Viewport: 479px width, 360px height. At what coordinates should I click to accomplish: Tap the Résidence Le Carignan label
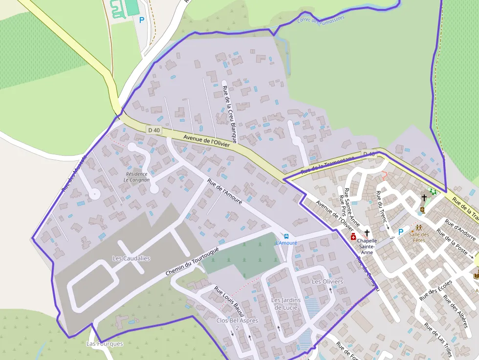point(136,177)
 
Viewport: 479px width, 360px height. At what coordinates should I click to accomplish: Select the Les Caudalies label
point(131,258)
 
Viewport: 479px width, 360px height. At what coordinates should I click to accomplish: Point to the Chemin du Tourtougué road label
point(193,259)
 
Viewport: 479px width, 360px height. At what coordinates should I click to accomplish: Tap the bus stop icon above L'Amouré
point(286,236)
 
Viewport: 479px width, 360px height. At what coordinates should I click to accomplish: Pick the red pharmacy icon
point(353,237)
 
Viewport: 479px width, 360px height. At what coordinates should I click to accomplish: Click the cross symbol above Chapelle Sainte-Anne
point(367,233)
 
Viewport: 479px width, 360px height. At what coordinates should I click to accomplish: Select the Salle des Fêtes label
point(419,237)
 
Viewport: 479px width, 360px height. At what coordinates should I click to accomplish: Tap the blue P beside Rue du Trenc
point(401,233)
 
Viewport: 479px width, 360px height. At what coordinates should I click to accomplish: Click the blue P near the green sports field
point(142,20)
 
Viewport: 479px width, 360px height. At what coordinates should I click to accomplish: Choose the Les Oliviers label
point(327,282)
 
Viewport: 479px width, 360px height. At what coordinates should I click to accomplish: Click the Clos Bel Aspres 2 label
point(237,324)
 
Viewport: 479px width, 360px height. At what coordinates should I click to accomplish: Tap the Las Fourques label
point(105,343)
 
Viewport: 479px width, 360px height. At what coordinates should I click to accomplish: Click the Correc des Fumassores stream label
point(321,20)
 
